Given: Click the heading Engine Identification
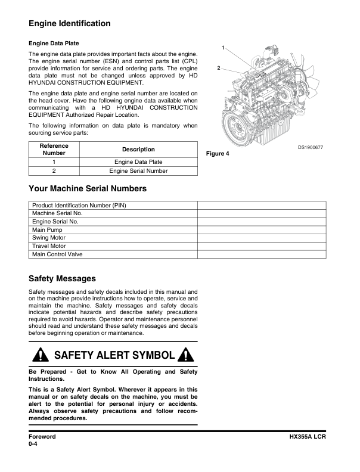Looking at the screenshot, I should click(70, 24).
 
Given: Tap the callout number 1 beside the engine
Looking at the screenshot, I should click(223, 47).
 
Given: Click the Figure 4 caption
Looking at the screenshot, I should click(218, 154).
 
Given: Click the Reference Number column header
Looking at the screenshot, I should click(54, 150).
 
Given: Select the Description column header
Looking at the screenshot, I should click(138, 150).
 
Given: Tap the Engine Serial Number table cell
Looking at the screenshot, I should click(138, 171).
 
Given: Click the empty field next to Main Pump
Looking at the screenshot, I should click(262, 230).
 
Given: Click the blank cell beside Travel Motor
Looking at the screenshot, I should click(262, 246).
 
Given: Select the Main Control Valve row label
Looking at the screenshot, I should click(57, 254).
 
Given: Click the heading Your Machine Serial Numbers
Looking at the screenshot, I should click(88, 189).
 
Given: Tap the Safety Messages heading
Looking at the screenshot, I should click(62, 278).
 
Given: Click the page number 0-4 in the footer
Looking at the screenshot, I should click(33, 445).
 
